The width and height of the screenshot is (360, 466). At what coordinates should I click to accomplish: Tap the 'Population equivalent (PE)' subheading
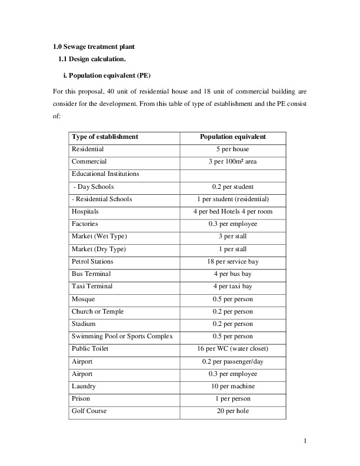pyautogui.click(x=108, y=76)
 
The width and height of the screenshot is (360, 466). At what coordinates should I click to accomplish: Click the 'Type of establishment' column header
pyautogui.click(x=105, y=137)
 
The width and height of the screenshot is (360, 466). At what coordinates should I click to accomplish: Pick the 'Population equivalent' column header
pyautogui.click(x=233, y=137)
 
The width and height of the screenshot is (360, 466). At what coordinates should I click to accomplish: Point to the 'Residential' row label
pyautogui.click(x=88, y=149)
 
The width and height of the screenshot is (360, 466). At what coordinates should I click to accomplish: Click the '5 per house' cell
pyautogui.click(x=233, y=149)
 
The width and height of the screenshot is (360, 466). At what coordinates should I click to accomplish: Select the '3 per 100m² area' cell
pyautogui.click(x=233, y=162)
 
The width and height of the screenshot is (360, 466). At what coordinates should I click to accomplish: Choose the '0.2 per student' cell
pyautogui.click(x=233, y=187)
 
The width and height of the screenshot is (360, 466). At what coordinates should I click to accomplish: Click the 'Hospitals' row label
pyautogui.click(x=85, y=211)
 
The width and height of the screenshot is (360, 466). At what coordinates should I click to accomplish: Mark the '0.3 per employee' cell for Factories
pyautogui.click(x=233, y=224)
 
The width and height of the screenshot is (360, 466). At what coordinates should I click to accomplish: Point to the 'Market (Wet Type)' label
pyautogui.click(x=99, y=237)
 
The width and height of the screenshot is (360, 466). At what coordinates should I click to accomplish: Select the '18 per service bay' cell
pyautogui.click(x=233, y=261)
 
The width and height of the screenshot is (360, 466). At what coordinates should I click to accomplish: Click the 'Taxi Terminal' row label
pyautogui.click(x=92, y=287)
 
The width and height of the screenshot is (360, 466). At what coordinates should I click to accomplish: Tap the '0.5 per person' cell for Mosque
pyautogui.click(x=233, y=299)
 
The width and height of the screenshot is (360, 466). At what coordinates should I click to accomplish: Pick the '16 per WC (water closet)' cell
pyautogui.click(x=233, y=349)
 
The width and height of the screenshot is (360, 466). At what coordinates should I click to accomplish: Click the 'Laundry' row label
pyautogui.click(x=84, y=387)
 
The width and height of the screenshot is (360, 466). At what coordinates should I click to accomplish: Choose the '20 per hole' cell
pyautogui.click(x=233, y=411)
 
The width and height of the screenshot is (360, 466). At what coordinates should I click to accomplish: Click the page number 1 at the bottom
pyautogui.click(x=306, y=440)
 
